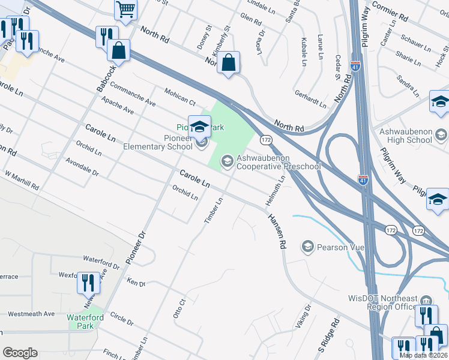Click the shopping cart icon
[126, 8]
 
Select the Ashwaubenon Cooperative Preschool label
[279, 162]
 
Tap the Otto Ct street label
[178, 308]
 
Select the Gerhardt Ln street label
[310, 99]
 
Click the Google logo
[20, 352]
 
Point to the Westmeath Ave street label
[31, 314]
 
